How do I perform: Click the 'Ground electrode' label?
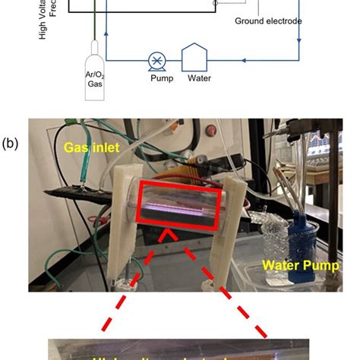point(267,21)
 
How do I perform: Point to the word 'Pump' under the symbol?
point(157,78)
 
